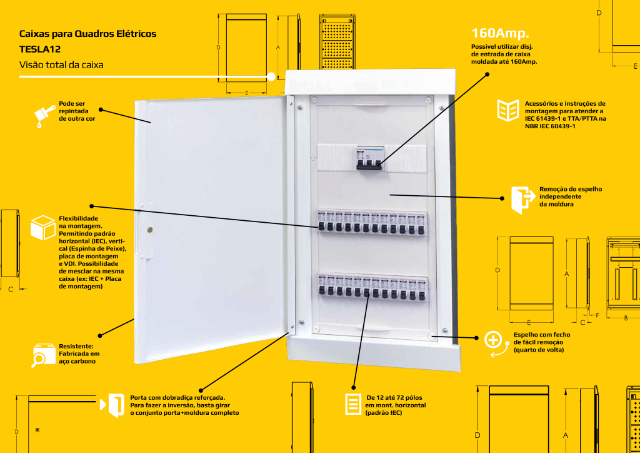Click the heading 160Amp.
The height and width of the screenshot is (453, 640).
[x=500, y=33]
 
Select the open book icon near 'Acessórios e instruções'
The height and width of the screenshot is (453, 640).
[x=507, y=110]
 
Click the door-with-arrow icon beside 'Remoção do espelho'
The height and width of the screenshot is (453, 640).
[x=522, y=200]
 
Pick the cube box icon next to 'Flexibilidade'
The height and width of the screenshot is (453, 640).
[x=44, y=227]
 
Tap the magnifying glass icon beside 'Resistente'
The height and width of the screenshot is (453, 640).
[x=44, y=355]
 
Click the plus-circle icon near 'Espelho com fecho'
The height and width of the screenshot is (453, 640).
[x=493, y=340]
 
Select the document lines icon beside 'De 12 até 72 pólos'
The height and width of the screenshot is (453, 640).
[x=353, y=404]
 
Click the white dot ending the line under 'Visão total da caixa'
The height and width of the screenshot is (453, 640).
[x=271, y=77]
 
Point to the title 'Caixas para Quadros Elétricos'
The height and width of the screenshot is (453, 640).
[x=87, y=33]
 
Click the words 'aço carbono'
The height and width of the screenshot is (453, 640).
[x=77, y=361]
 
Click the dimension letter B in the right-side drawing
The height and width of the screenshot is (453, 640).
[x=626, y=318]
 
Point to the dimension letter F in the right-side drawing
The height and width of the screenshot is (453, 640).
[x=597, y=315]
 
